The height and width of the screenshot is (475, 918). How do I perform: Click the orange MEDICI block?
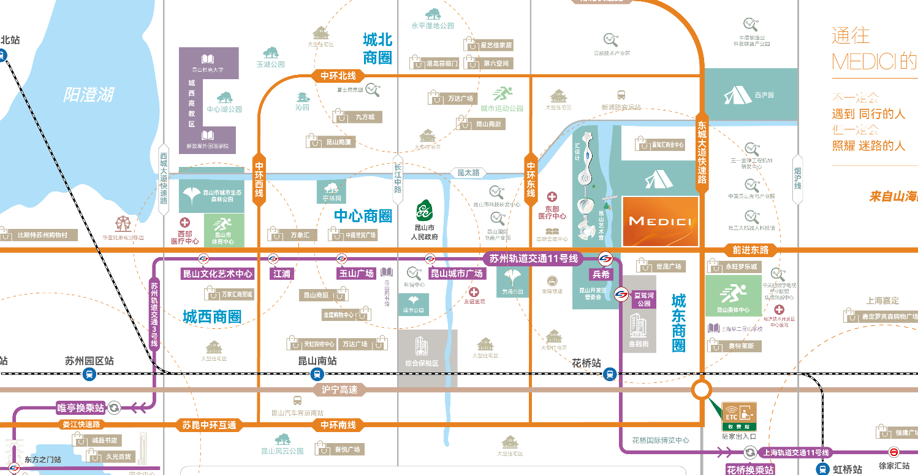tap(660, 221)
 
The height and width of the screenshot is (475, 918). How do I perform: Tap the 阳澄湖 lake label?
tap(89, 95)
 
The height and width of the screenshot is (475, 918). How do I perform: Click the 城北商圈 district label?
tap(377, 49)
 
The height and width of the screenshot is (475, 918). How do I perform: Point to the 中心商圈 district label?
tap(363, 215)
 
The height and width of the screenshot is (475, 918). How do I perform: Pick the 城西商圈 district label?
tap(212, 317)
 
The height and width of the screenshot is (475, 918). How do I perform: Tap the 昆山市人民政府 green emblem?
tap(423, 211)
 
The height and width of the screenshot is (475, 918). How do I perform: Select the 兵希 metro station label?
tap(602, 274)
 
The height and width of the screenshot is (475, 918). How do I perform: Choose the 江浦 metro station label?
tap(282, 274)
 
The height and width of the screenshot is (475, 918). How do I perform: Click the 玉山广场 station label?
tap(356, 274)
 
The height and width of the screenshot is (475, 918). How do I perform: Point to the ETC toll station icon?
tap(739, 416)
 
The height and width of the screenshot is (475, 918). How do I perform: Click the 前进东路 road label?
tap(754, 250)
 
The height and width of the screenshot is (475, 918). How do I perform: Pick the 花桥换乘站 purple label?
tap(750, 470)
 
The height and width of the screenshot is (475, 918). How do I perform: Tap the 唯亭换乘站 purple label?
tap(80, 407)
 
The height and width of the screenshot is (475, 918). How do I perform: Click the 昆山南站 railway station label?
tap(317, 361)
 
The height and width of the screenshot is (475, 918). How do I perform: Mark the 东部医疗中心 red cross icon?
tap(552, 197)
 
